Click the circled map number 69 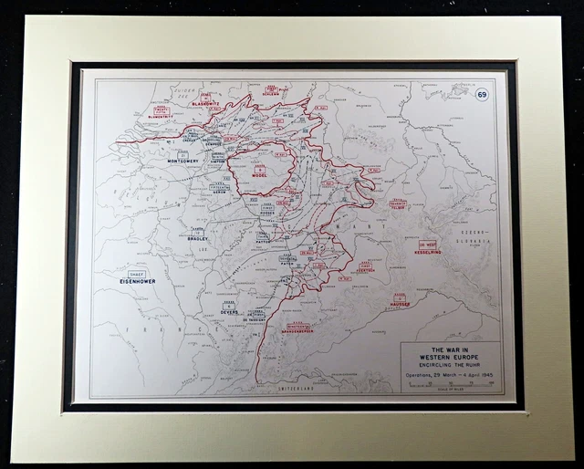pyautogui.click(x=481, y=94)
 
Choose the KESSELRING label pyautogui.click(x=427, y=252)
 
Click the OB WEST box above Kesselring pyautogui.click(x=427, y=244)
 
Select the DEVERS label pyautogui.click(x=229, y=312)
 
